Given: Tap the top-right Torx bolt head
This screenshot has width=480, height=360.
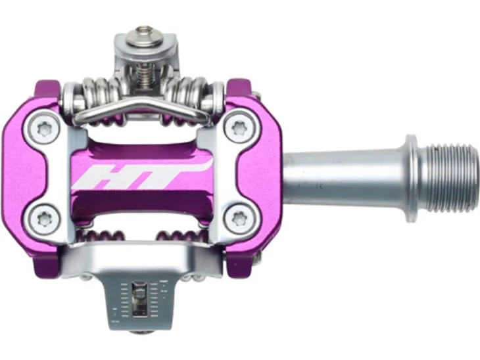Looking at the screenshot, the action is coord(239,129).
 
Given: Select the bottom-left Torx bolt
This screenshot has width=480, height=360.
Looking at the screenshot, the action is coord(45,218).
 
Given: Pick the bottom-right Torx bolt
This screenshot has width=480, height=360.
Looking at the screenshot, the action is coord(239,217).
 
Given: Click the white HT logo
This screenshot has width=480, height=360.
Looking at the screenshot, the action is coord(142,175).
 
